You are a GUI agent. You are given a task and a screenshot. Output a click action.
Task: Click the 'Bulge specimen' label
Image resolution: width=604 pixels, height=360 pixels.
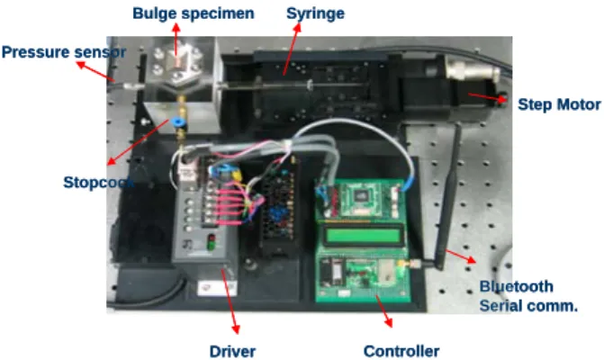194,13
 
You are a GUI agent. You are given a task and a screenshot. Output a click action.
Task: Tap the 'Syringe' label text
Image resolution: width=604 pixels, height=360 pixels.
315,13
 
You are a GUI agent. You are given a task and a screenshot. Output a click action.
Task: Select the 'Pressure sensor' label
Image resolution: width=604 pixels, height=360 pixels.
64,52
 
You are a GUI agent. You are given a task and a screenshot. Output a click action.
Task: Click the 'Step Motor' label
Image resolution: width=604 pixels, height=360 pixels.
559,104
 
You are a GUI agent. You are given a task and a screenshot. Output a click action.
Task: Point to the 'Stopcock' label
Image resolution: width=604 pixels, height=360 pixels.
99,182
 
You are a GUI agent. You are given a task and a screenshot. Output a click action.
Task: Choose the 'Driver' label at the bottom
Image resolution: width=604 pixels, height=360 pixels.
232,351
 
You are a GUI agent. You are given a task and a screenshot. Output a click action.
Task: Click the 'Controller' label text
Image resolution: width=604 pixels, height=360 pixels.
401,351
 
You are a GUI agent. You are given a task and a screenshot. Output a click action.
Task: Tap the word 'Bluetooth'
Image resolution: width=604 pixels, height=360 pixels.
516,286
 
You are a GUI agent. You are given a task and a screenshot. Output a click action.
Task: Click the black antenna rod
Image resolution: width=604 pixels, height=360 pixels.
449,196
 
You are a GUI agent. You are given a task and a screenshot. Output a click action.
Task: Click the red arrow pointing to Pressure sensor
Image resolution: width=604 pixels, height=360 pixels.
95,71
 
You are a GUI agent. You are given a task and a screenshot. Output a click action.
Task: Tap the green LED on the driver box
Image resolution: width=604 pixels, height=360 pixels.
211,246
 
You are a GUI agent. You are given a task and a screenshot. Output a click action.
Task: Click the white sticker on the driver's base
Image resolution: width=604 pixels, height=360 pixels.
217,288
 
